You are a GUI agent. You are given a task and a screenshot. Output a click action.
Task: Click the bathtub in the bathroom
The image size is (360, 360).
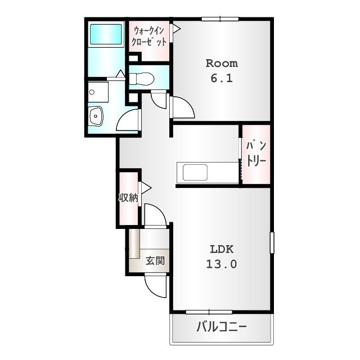[106, 34]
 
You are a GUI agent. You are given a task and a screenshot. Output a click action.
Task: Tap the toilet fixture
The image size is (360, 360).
[141, 79]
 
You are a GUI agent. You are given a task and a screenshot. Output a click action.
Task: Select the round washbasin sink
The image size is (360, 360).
[96, 116]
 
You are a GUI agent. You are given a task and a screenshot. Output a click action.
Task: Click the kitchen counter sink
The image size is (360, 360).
[195, 173]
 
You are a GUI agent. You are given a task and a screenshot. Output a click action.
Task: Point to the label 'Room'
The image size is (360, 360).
[222, 64]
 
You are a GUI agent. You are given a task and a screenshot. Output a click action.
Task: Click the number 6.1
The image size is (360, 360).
[222, 78]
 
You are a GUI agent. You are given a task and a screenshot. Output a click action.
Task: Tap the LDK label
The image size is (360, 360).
[222, 249]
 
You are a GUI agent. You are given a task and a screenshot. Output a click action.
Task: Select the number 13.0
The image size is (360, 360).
[222, 264]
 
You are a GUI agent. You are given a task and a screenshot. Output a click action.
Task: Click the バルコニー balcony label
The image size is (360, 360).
[222, 327]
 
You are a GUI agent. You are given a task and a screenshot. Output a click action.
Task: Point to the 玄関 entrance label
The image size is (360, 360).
[155, 260]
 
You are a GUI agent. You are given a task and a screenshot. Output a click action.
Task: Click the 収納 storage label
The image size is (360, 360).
[128, 197]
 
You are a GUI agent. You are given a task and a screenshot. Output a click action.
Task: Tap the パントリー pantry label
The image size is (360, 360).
[256, 154]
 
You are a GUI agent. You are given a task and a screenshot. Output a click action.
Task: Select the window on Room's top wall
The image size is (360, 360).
[220, 19]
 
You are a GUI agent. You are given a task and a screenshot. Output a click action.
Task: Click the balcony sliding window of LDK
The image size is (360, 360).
[209, 312]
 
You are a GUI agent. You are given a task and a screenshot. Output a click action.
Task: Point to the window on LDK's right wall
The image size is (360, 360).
[272, 242]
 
